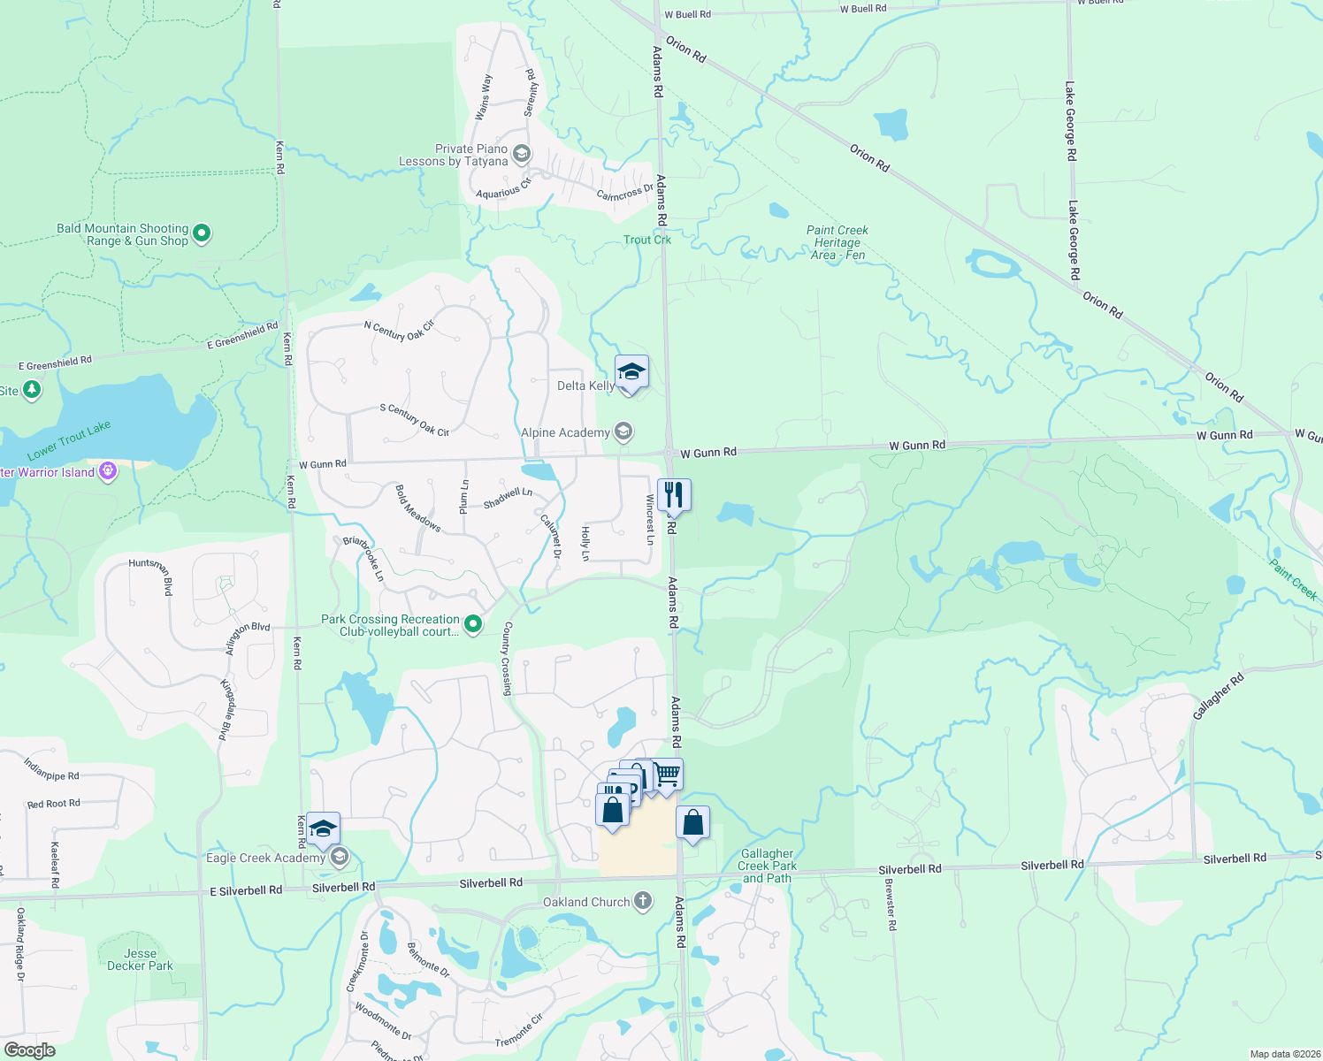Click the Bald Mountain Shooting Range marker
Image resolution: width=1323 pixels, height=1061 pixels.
coord(202,233)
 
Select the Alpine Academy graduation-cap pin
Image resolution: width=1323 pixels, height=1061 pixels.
coord(623,431)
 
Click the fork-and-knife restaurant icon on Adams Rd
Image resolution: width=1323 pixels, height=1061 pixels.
coord(674,495)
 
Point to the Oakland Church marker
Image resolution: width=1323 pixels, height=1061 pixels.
coord(643,901)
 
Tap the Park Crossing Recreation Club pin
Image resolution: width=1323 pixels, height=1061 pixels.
coord(473,624)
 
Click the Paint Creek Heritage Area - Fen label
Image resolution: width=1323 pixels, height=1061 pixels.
coord(837,242)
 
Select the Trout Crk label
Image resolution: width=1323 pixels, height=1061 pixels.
coord(647,240)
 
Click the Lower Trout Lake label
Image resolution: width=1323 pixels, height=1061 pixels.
coord(69,440)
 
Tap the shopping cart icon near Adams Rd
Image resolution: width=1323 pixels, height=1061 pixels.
coord(668,775)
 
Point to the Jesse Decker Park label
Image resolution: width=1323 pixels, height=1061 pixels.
coord(140,959)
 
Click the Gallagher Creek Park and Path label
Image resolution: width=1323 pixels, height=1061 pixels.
coord(768,866)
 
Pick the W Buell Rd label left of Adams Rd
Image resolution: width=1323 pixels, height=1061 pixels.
coord(687,14)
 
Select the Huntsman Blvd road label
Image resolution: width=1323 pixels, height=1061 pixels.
coord(150,576)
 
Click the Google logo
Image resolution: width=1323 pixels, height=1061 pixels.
coord(30,1050)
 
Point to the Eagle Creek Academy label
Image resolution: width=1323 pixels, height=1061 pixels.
coord(265,858)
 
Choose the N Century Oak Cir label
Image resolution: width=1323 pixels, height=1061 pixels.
coord(399,330)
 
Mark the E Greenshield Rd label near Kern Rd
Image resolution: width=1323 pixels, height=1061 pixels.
coord(242,335)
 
